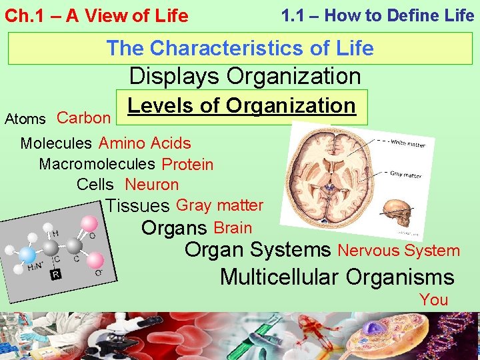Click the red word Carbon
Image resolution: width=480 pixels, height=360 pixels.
click(x=83, y=118)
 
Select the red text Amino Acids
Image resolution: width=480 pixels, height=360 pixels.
click(x=145, y=143)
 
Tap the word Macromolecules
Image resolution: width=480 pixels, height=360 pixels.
click(x=97, y=163)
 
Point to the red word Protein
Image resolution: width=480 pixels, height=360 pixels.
click(x=187, y=164)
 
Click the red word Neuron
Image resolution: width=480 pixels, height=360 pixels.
click(x=152, y=185)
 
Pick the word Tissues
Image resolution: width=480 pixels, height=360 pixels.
click(x=138, y=207)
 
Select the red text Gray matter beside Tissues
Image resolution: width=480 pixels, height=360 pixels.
click(x=220, y=205)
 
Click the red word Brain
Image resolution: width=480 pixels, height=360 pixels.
click(x=233, y=228)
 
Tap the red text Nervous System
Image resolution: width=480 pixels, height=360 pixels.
click(x=399, y=251)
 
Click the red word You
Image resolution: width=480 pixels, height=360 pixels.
click(x=434, y=300)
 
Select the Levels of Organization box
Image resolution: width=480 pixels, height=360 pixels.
click(x=241, y=106)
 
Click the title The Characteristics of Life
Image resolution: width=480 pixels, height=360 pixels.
click(x=240, y=48)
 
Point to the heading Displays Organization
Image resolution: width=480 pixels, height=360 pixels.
click(x=245, y=77)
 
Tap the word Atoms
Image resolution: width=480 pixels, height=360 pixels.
click(x=25, y=119)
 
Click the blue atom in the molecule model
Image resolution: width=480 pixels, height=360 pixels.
click(x=27, y=255)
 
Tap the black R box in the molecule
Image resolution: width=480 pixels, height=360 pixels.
click(x=57, y=274)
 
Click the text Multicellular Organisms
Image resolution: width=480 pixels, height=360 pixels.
click(x=337, y=277)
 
